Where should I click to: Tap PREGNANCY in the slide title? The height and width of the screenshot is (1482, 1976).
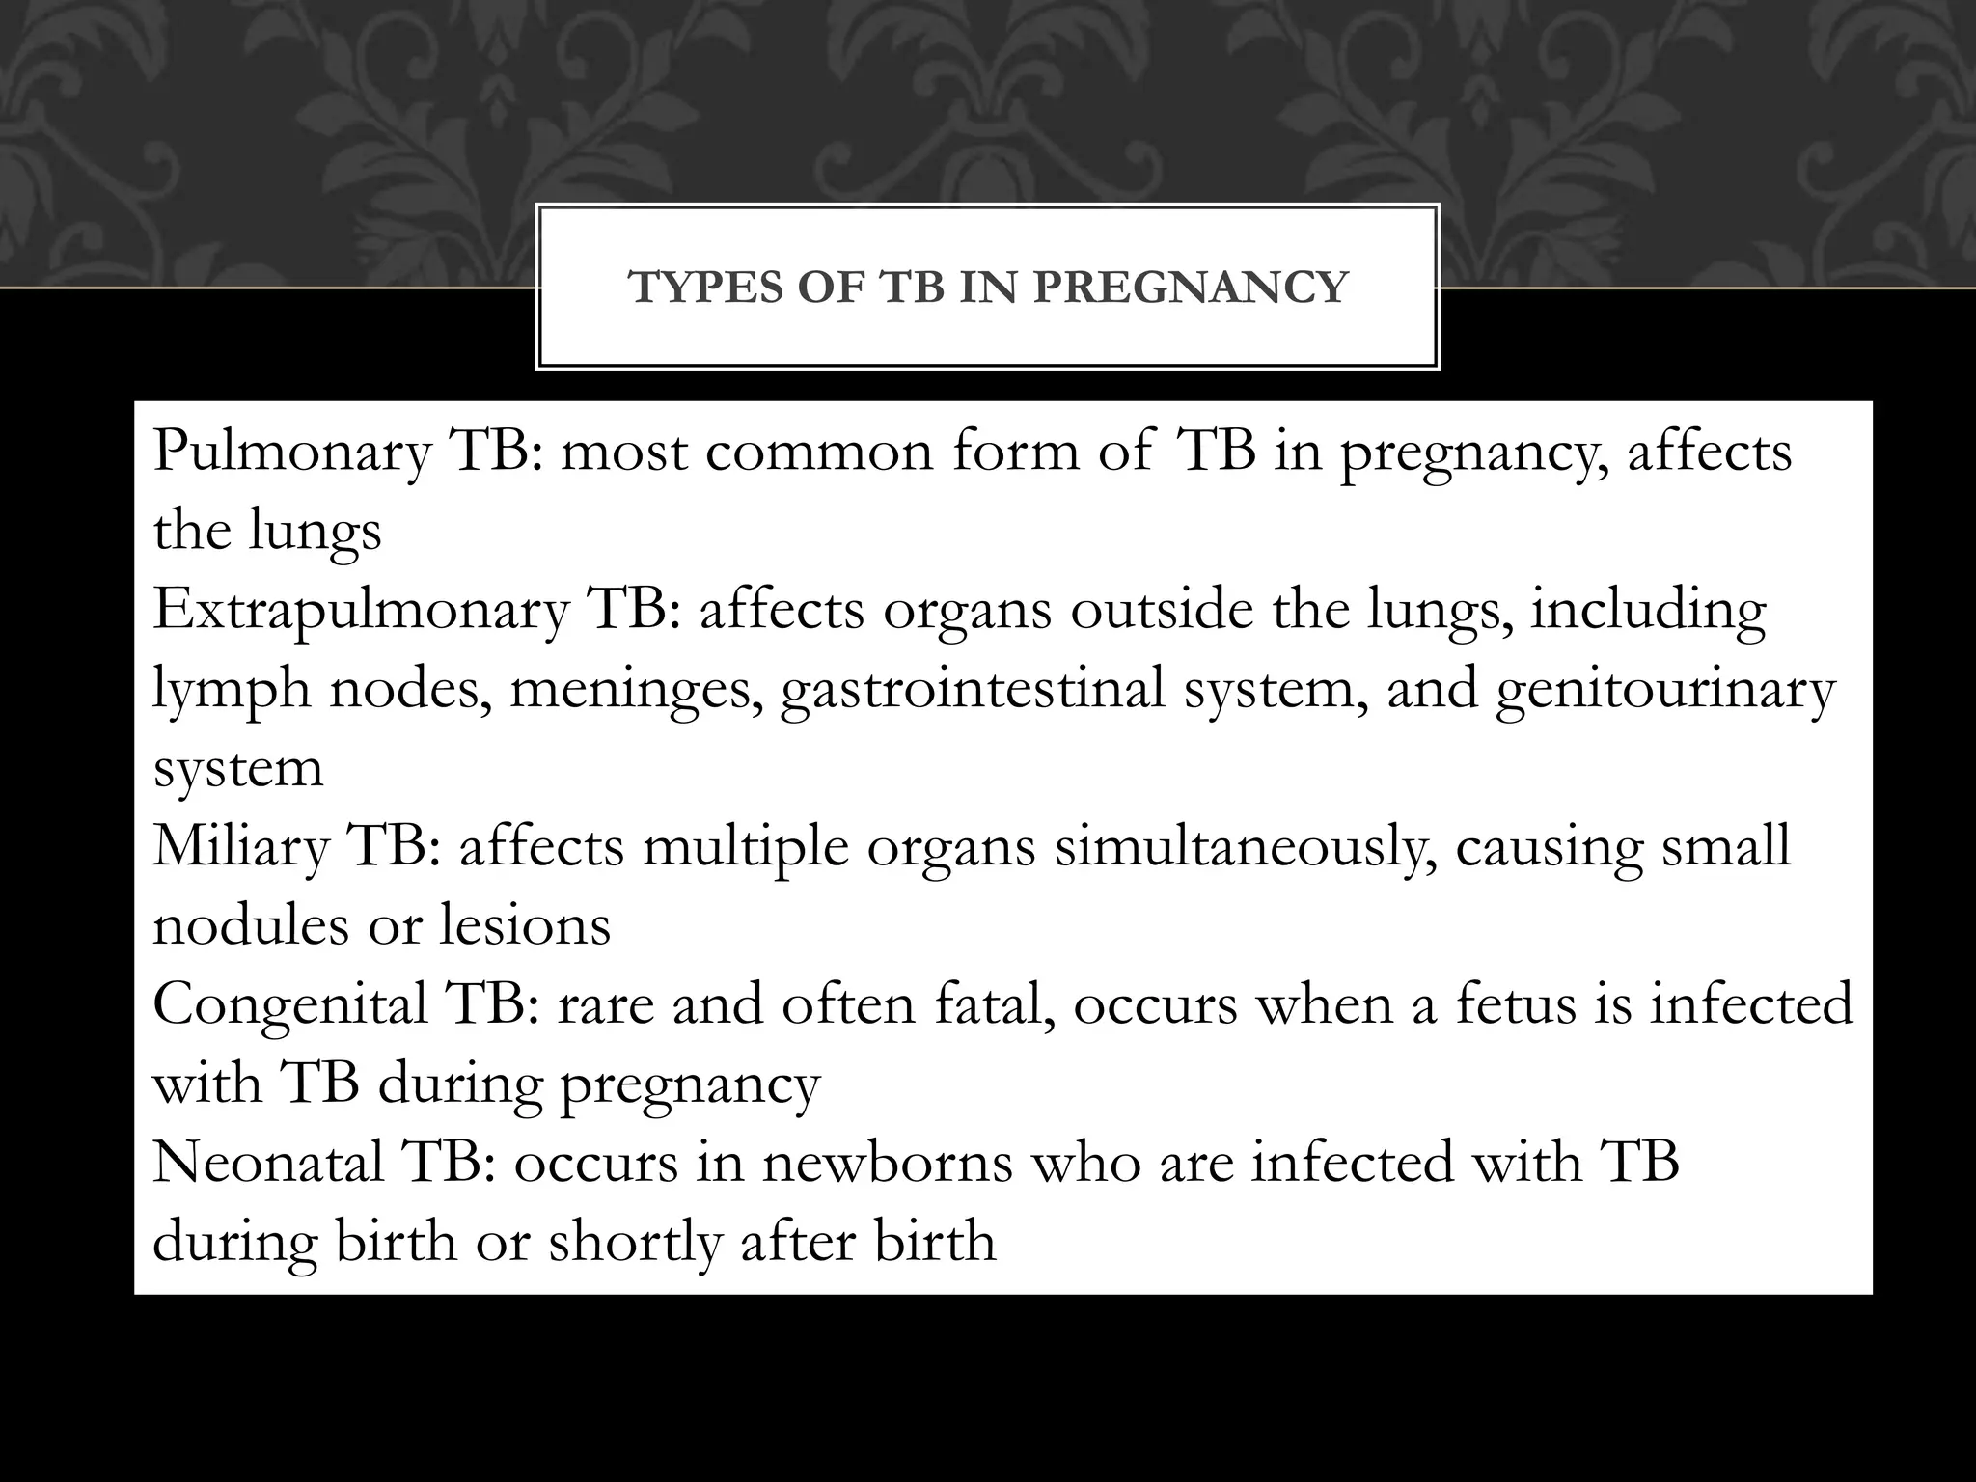tap(1190, 288)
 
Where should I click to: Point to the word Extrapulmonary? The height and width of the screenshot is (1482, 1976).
tap(360, 610)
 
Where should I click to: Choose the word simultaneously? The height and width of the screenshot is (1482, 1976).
tap(1245, 846)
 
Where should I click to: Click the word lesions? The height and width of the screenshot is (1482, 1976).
tap(525, 925)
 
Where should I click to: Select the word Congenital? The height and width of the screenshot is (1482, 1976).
tap(289, 1004)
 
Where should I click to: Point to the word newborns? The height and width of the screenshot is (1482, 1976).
tap(887, 1162)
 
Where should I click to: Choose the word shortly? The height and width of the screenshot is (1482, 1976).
tap(635, 1241)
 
